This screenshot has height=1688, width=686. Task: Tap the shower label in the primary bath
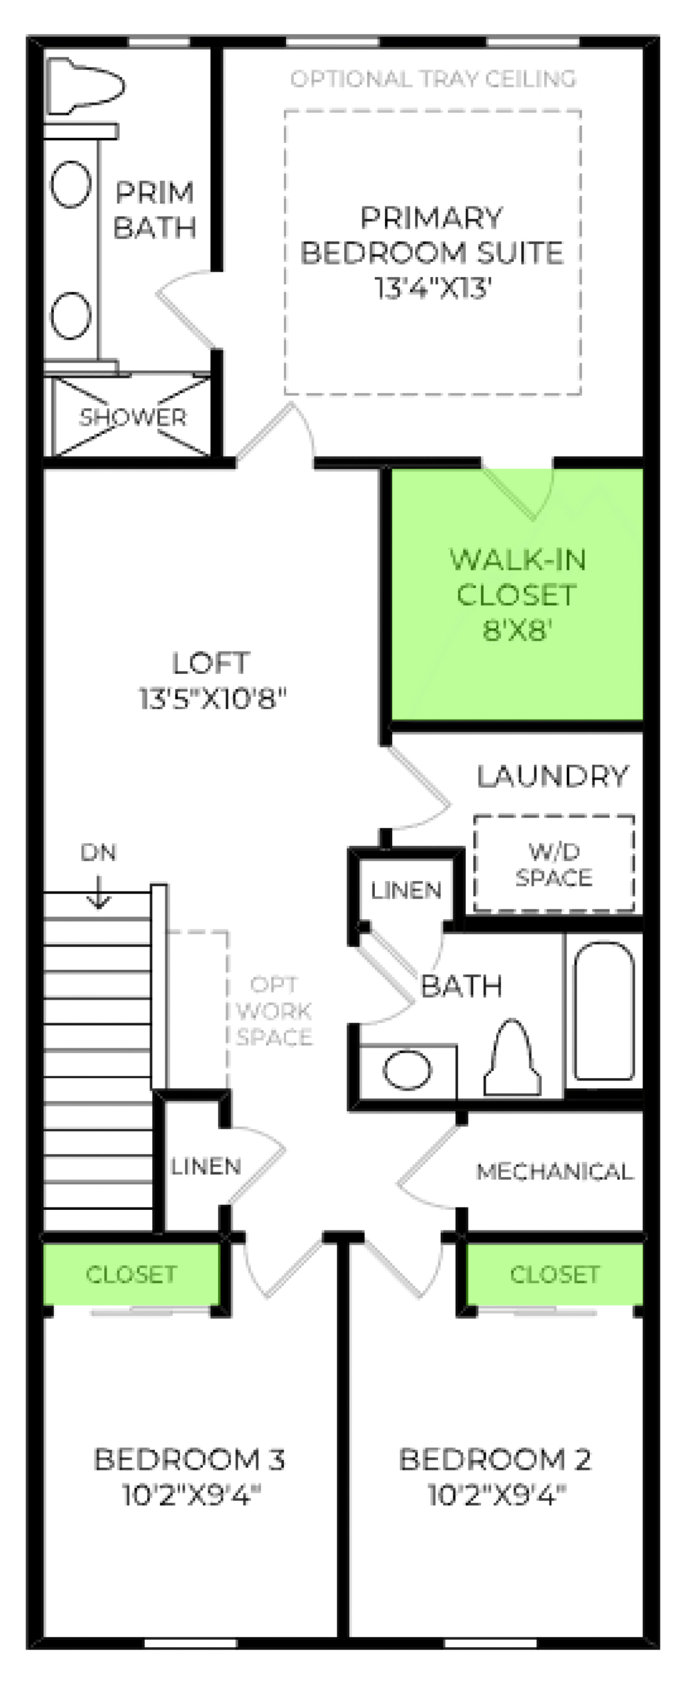[x=132, y=417]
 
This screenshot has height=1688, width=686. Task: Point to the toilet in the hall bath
[x=512, y=1061]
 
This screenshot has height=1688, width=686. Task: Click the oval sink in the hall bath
[x=407, y=1070]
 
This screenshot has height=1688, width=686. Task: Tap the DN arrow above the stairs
[x=99, y=891]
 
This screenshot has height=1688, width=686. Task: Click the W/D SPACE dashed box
[x=554, y=864]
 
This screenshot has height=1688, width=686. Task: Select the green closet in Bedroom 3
[x=131, y=1273]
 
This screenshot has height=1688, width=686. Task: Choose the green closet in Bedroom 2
[x=554, y=1273]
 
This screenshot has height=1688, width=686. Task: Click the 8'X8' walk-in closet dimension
[x=517, y=630]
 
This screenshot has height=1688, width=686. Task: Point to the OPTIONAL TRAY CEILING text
[x=433, y=79]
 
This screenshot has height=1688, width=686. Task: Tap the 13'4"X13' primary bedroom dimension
[x=433, y=288]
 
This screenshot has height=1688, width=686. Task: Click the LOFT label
[x=211, y=663]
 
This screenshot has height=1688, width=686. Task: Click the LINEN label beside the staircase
[x=206, y=1166]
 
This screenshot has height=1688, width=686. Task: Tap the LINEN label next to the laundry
[x=406, y=890]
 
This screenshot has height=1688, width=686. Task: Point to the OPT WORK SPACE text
[x=274, y=1011]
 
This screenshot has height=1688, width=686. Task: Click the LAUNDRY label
[x=552, y=776]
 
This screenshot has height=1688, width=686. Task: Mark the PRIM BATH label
[x=155, y=210]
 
